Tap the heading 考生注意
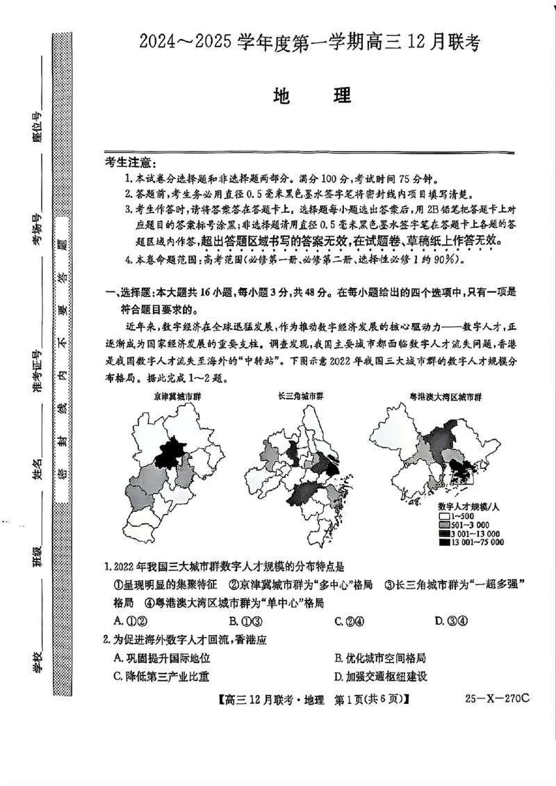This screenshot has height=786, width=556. [x=129, y=163]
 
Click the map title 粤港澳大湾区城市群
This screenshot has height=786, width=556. [x=445, y=397]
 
